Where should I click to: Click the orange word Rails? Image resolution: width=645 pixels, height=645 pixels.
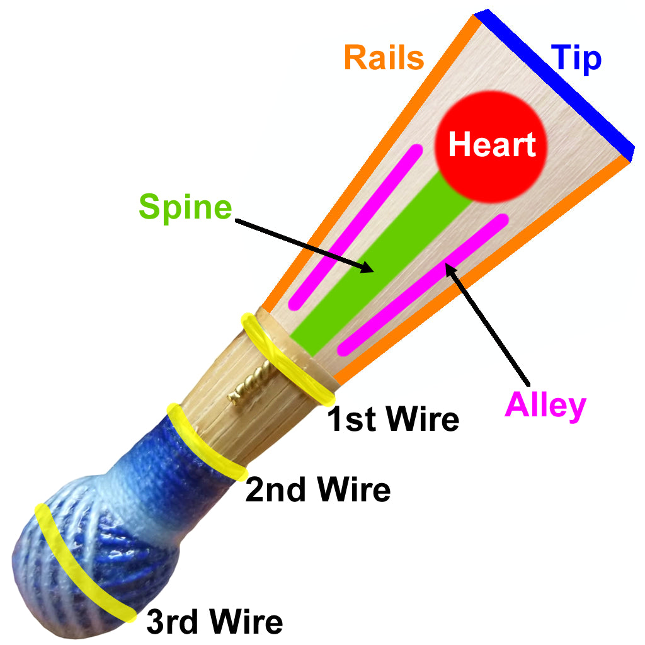pos(384,58)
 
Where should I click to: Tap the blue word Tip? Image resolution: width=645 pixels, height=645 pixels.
pos(576,59)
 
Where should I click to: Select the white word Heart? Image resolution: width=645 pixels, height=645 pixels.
pos(491,145)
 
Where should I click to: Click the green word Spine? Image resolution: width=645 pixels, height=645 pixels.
pos(185,207)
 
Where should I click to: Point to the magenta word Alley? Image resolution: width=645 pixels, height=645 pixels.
pos(545,406)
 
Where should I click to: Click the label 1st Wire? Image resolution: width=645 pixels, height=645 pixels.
pos(392,420)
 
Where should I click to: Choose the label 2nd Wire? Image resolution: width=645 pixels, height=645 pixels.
pos(317,489)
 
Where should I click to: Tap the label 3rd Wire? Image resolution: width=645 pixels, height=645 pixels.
pos(214,622)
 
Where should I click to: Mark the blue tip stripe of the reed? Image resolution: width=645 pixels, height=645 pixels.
pos(554,79)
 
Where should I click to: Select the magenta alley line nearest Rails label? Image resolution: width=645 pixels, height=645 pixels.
pos(356,227)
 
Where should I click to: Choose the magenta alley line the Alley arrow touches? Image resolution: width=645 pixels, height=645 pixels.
pos(422,283)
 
